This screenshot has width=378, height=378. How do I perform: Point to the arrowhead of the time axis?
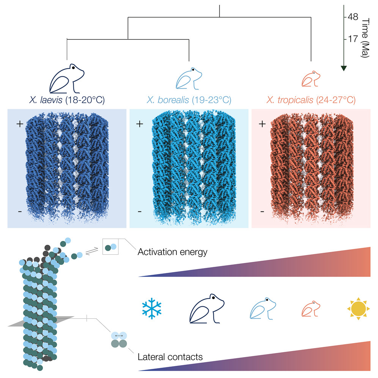click(343, 68)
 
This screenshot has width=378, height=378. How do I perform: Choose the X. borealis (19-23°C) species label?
click(189, 100)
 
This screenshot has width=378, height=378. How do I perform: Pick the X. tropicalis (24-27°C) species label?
click(311, 100)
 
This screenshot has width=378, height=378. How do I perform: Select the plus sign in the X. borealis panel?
click(140, 124)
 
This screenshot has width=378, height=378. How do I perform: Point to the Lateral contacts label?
click(170, 357)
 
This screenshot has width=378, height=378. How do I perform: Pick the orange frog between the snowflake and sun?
click(311, 309)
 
